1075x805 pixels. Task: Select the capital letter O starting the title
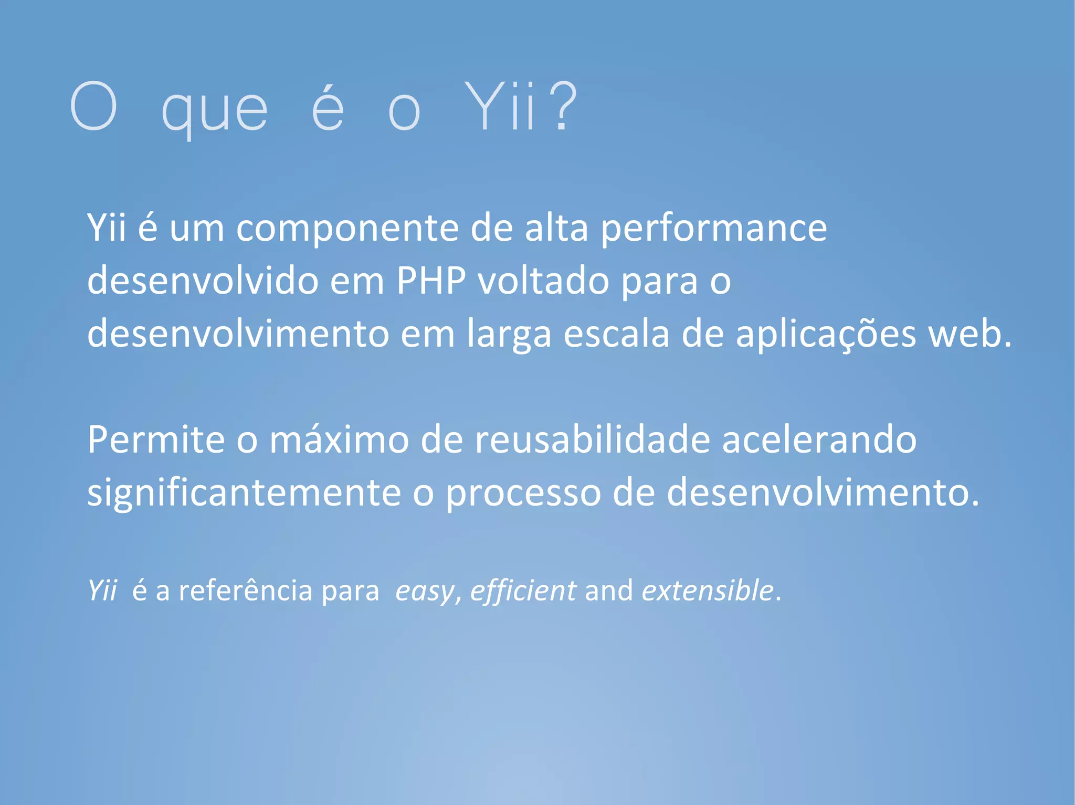pyautogui.click(x=93, y=106)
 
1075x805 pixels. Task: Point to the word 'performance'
pyautogui.click(x=714, y=229)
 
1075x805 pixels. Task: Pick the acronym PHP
pyautogui.click(x=431, y=281)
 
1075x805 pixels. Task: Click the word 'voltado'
pyautogui.click(x=544, y=281)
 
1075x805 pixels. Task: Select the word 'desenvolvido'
pyautogui.click(x=203, y=281)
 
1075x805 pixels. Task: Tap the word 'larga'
pyautogui.click(x=509, y=334)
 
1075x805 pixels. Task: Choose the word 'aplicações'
pyautogui.click(x=826, y=334)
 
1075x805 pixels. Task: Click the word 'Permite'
pyautogui.click(x=156, y=439)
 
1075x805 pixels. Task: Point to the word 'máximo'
pyautogui.click(x=339, y=439)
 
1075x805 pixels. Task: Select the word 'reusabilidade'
pyautogui.click(x=593, y=439)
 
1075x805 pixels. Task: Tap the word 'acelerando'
pyautogui.click(x=819, y=439)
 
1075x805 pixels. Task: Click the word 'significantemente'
pyautogui.click(x=244, y=493)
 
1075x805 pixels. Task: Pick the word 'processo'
pyautogui.click(x=523, y=493)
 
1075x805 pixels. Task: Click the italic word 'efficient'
pyautogui.click(x=523, y=591)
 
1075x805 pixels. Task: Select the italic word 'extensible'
pyautogui.click(x=708, y=591)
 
